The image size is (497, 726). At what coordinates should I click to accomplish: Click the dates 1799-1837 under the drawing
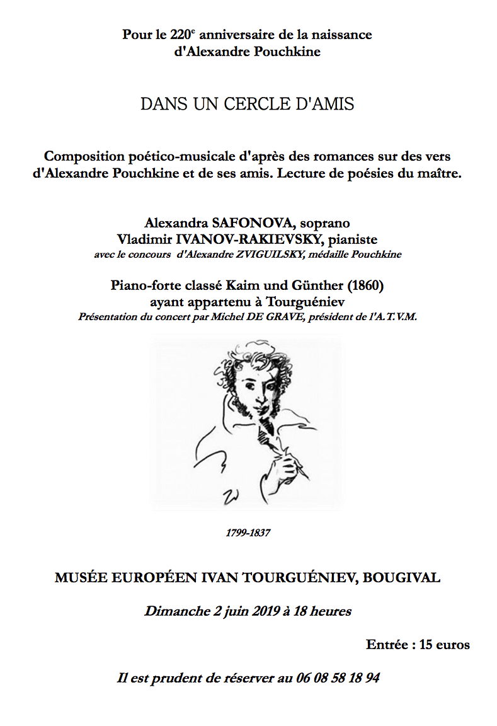(248, 533)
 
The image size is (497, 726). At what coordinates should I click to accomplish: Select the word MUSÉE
(81, 577)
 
